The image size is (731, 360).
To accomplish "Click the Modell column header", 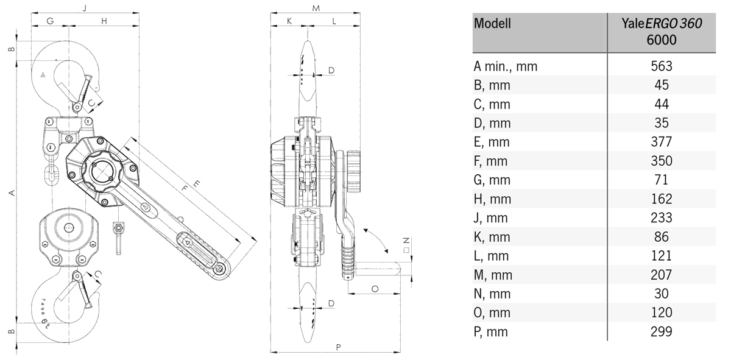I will [492, 25].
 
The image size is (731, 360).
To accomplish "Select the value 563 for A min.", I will [661, 66].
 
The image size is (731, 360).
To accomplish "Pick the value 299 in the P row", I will [661, 331].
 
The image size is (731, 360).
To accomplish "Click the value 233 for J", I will [661, 217].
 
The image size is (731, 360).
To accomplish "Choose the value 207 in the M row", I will [661, 275].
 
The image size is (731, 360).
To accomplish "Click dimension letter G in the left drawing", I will [50, 21].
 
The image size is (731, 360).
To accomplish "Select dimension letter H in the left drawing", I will [104, 21].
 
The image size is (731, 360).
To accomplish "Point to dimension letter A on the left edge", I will [11, 193].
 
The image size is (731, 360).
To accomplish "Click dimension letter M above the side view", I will [316, 8].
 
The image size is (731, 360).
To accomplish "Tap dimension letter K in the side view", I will [289, 21].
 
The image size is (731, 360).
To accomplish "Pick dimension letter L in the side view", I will [334, 21].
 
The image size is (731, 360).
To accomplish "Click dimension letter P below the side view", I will [338, 347].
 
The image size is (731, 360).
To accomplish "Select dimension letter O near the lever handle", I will [375, 288].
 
